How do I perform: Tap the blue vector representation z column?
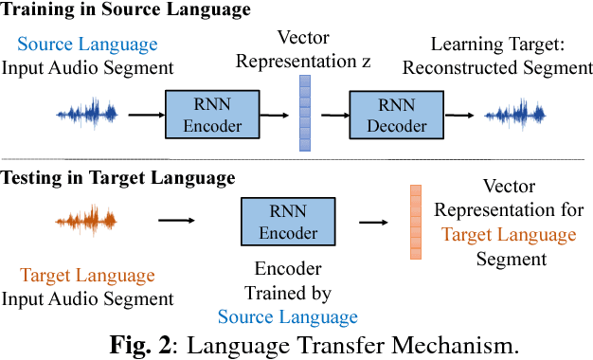(304, 115)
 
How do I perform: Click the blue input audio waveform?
(87, 115)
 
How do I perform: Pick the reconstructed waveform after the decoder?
(515, 115)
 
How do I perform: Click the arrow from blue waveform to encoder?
(144, 115)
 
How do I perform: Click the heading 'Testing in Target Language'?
(117, 177)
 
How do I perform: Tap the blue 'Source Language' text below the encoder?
(288, 317)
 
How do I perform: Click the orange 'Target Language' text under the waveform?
(87, 277)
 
